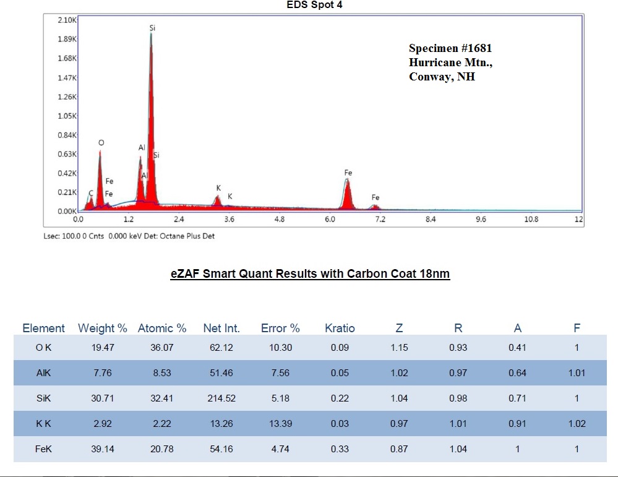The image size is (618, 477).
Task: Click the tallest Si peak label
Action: click(x=152, y=28)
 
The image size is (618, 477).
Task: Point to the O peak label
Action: click(x=101, y=143)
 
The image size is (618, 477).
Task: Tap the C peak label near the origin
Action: click(x=91, y=194)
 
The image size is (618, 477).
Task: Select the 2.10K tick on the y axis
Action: click(x=66, y=20)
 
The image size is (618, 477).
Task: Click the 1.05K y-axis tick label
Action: click(x=66, y=116)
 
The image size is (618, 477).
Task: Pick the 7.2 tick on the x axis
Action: click(x=380, y=219)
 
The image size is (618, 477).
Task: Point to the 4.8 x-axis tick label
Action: click(x=280, y=219)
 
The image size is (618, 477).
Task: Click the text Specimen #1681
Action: click(x=450, y=48)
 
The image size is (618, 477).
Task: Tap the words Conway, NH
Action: click(x=442, y=77)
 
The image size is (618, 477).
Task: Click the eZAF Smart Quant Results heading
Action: click(x=310, y=275)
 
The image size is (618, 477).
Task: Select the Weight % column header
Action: click(x=103, y=329)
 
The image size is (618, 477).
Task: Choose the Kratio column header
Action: click(x=340, y=329)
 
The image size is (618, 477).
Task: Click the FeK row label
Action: click(x=43, y=449)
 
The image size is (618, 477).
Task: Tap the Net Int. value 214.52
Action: click(x=221, y=398)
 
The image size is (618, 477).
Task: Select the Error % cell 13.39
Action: click(x=280, y=424)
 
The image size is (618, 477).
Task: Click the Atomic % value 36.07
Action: click(x=162, y=348)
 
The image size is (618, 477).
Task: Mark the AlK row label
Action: click(x=43, y=373)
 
